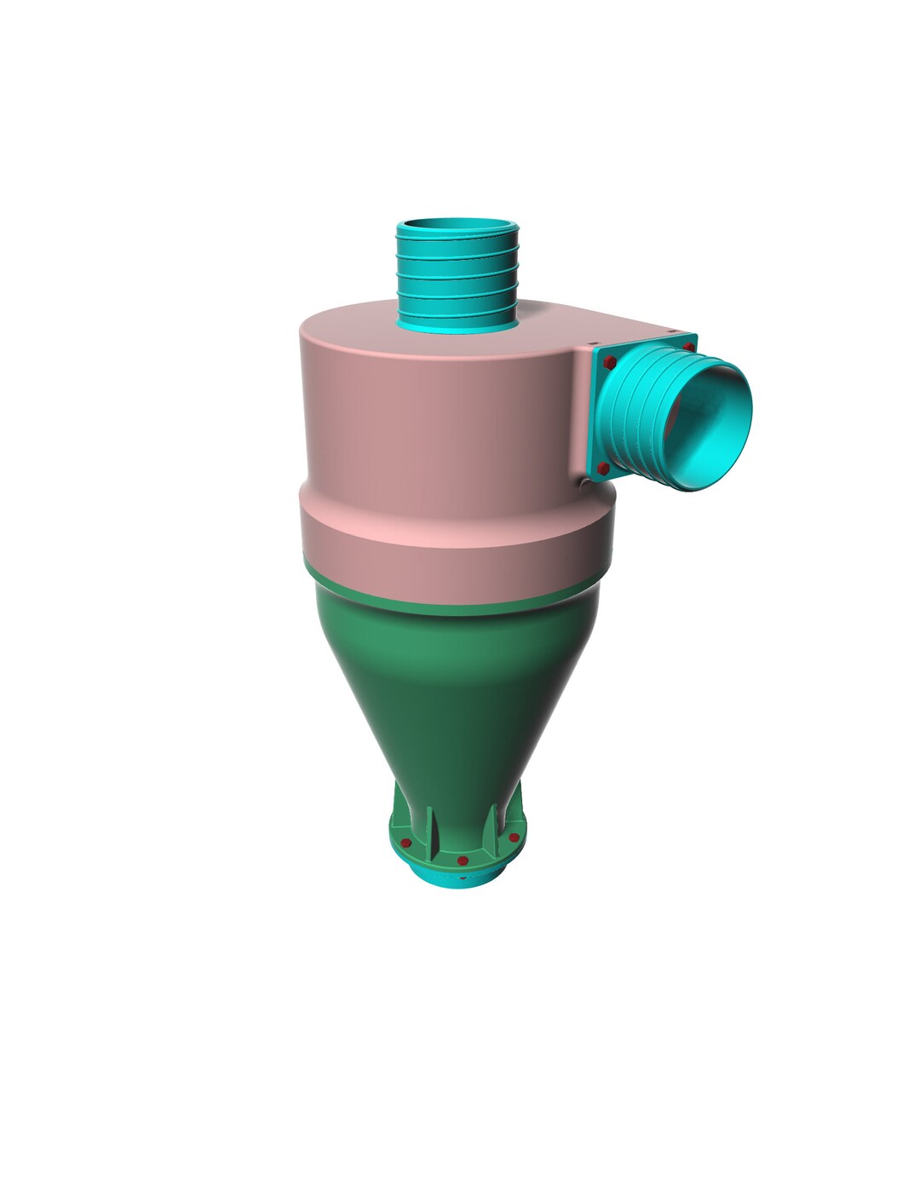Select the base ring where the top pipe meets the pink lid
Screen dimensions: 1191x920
[x=457, y=325]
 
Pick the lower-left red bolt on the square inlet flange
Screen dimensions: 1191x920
[x=604, y=468]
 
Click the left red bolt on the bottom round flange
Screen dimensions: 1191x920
[x=406, y=843]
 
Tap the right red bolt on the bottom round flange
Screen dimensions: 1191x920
[x=514, y=840]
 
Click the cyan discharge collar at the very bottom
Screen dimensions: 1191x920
[x=460, y=877]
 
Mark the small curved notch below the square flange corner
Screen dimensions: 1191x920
[x=585, y=484]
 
